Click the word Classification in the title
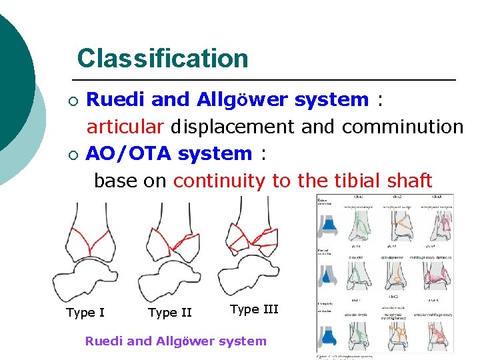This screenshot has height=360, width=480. (x=162, y=58)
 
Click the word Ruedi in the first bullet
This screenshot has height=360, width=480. (x=117, y=100)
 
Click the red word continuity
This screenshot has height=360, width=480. (x=219, y=180)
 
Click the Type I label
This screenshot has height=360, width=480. (x=85, y=312)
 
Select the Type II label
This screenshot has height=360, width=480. (x=169, y=312)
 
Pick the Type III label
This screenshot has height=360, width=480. (x=254, y=309)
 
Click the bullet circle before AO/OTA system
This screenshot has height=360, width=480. (x=73, y=155)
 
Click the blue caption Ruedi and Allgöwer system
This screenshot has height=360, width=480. (x=175, y=341)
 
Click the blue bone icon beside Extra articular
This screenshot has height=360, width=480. (x=329, y=226)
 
